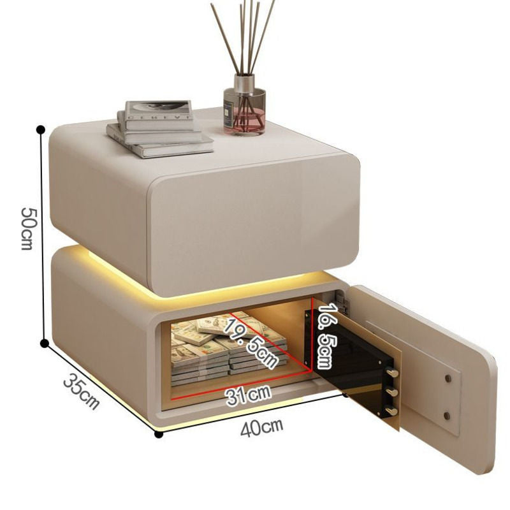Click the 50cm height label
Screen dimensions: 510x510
pyautogui.click(x=27, y=227)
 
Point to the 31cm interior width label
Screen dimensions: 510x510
pyautogui.click(x=249, y=396)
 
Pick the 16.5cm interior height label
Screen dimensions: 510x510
pyautogui.click(x=328, y=336)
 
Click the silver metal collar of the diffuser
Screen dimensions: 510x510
pyautogui.click(x=244, y=83)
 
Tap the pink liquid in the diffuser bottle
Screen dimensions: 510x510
pyautogui.click(x=244, y=121)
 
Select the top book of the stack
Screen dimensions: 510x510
pyautogui.click(x=156, y=110)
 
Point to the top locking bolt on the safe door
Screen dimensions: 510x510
pyautogui.click(x=393, y=372)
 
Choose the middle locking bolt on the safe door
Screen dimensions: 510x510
pyautogui.click(x=393, y=391)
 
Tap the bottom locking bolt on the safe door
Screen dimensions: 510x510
pyautogui.click(x=391, y=411)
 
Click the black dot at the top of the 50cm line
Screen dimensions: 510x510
pyautogui.click(x=41, y=129)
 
